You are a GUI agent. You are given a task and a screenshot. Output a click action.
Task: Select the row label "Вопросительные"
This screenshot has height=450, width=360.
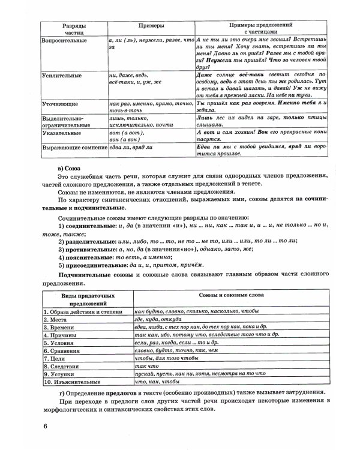click(x=63, y=40)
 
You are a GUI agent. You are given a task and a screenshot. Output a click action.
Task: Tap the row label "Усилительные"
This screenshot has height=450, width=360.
click(x=59, y=76)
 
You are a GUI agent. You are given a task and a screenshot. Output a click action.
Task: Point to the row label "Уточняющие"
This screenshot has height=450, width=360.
click(x=57, y=103)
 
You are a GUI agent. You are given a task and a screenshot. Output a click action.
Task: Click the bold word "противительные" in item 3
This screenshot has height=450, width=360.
click(x=88, y=248)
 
